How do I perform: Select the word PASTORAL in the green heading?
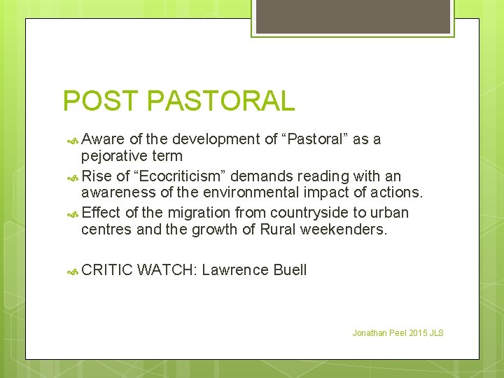tap(220, 101)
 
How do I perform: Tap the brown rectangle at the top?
tap(353, 16)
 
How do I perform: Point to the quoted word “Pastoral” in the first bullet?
tap(314, 139)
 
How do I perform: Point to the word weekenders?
tap(343, 230)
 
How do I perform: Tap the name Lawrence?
tap(234, 270)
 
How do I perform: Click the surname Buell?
tap(288, 270)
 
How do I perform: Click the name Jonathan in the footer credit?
tap(369, 332)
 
